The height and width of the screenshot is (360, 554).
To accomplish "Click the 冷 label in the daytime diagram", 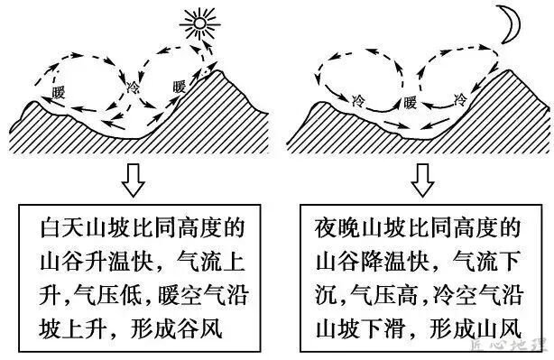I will [x=134, y=88].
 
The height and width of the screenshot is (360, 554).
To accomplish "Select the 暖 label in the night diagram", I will [x=411, y=101].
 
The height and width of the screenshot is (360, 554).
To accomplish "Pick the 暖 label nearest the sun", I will [x=180, y=87].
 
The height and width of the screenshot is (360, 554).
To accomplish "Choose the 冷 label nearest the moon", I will [x=460, y=98].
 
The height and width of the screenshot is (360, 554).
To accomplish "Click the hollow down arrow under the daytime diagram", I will [x=134, y=179].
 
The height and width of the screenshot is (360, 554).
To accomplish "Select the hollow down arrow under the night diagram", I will [x=422, y=179].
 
